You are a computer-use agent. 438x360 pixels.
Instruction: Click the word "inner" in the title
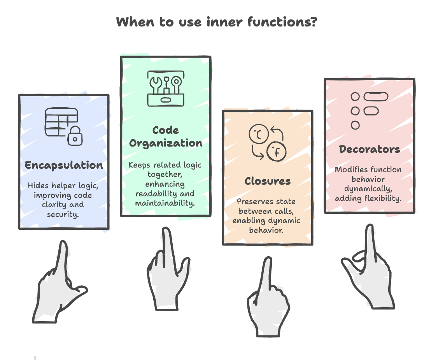tap(224, 22)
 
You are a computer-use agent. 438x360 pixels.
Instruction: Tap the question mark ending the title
tap(314, 22)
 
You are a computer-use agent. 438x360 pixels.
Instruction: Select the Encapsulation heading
tap(64, 165)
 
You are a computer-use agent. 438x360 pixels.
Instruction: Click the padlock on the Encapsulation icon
tap(75, 136)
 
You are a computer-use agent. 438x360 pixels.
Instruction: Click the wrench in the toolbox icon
tap(156, 85)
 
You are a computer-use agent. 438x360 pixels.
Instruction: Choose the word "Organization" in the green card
tap(166, 143)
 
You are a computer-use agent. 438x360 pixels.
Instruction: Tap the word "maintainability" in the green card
tap(165, 203)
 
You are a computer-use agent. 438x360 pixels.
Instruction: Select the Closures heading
tap(268, 181)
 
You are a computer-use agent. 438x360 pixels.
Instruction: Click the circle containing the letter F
tap(276, 152)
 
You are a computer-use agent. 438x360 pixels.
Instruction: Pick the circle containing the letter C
tap(259, 134)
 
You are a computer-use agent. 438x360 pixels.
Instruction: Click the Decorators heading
tap(369, 149)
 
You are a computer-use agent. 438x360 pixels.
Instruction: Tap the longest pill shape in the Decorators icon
tap(376, 97)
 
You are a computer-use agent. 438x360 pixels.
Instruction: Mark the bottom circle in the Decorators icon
tap(355, 125)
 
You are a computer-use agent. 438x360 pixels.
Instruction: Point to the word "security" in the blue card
tap(63, 215)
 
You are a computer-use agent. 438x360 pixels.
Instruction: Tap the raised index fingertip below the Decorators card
tap(370, 227)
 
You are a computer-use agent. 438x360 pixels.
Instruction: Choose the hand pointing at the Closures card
tap(268, 297)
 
